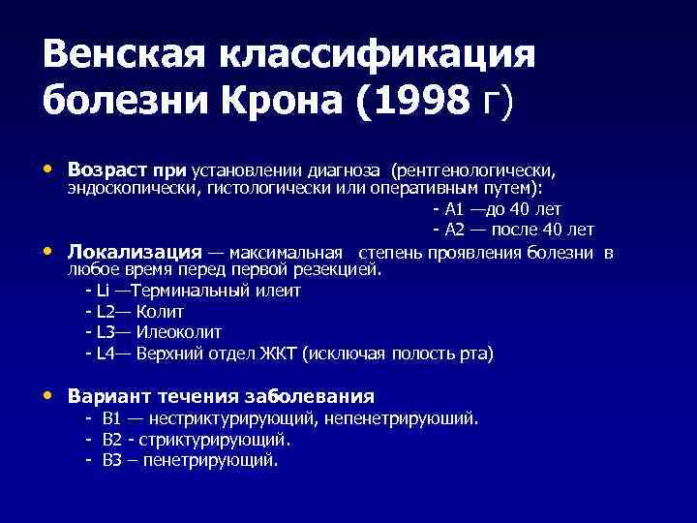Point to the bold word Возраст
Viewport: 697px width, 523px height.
click(106, 169)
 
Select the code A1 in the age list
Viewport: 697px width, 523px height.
click(455, 209)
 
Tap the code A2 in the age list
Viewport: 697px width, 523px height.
click(455, 230)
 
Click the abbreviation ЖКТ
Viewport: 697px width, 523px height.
click(277, 354)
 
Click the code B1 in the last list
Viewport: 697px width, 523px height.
click(111, 418)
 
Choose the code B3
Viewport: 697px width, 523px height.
click(111, 461)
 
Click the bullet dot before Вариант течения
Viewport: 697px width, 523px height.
click(49, 396)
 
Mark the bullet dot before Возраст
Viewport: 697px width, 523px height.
click(49, 169)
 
